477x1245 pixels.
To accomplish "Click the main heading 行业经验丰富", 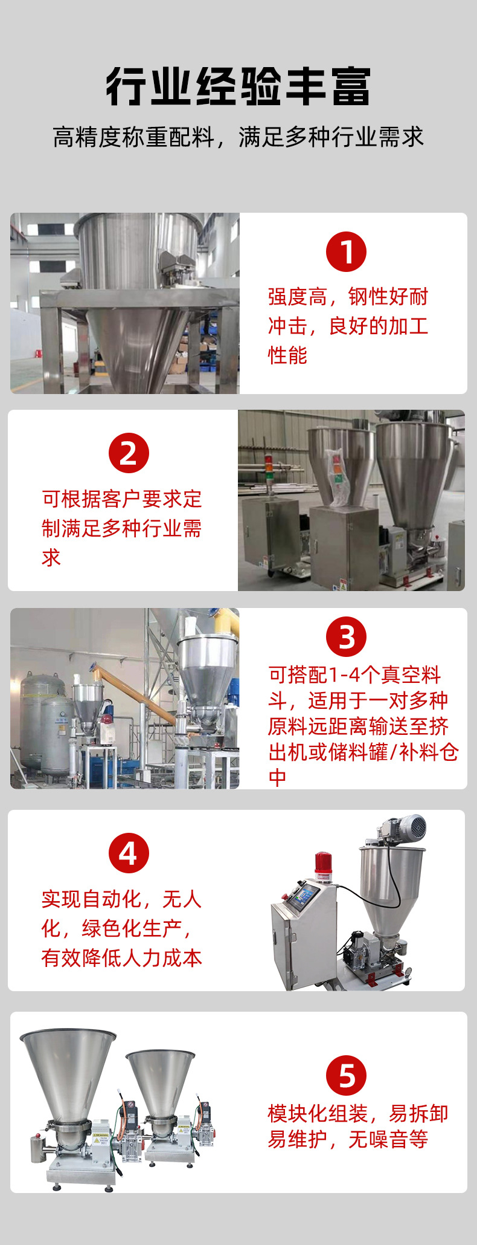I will pos(238,86).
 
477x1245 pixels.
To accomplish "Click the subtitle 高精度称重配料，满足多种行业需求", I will pos(238,137).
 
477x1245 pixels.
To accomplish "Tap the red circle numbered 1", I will pos(346,251).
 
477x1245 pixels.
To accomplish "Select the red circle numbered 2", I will pos(129,453).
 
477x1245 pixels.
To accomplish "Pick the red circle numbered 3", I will pos(346,636).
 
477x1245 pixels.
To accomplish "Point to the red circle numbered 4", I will pos(129,853).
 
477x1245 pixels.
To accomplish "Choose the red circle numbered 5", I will pos(346,1075).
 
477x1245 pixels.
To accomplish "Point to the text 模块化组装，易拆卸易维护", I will pos(357,1126).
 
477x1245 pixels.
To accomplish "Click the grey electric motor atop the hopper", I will pos(405,828).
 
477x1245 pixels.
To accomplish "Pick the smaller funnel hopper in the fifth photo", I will pos(161,1079).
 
